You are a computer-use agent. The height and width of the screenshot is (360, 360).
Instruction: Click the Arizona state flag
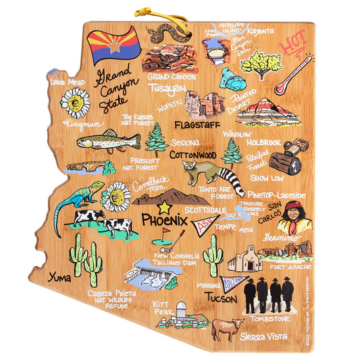point(114,45)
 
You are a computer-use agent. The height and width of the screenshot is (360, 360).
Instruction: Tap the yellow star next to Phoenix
point(165,207)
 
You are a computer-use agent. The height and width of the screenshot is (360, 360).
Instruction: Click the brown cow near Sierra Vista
point(228,329)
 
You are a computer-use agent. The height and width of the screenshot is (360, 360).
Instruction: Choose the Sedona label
point(185,143)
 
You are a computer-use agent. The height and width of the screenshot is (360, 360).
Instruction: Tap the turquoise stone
point(234,79)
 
